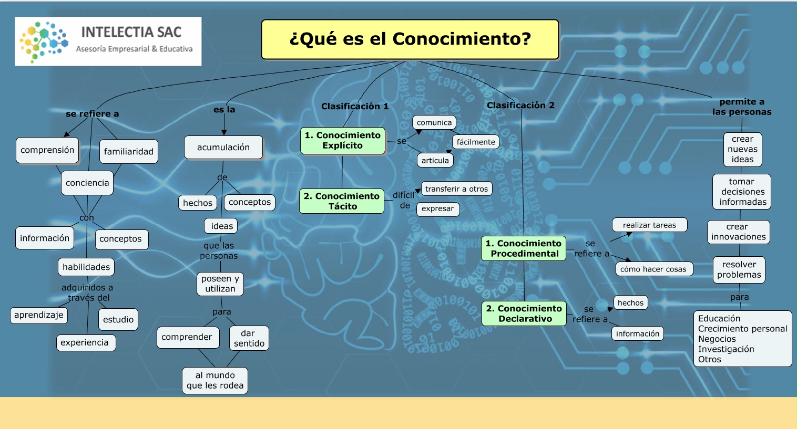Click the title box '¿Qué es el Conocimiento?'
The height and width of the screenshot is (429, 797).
pyautogui.click(x=410, y=39)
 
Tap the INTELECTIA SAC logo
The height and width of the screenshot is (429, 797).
pyautogui.click(x=108, y=41)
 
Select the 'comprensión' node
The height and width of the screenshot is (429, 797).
pyautogui.click(x=47, y=150)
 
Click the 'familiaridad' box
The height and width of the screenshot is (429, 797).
pyautogui.click(x=129, y=152)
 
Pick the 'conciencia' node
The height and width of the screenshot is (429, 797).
pyautogui.click(x=87, y=183)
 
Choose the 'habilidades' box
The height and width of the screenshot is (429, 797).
pyautogui.click(x=86, y=267)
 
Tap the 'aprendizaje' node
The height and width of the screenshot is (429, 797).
pyautogui.click(x=39, y=315)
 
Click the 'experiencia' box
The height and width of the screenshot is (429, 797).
pyautogui.click(x=85, y=343)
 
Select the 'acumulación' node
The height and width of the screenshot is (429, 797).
pyautogui.click(x=223, y=148)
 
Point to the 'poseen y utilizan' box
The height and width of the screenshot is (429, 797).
pyautogui.click(x=220, y=284)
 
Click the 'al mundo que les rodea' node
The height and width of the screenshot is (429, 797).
pyautogui.click(x=215, y=381)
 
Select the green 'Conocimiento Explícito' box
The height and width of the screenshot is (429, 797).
pyautogui.click(x=343, y=141)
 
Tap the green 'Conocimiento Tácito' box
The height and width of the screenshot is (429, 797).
pyautogui.click(x=342, y=201)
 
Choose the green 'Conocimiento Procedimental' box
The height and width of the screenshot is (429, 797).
pyautogui.click(x=524, y=248)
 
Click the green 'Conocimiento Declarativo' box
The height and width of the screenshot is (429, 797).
pyautogui.click(x=524, y=313)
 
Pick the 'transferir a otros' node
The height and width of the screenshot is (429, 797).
pyautogui.click(x=456, y=189)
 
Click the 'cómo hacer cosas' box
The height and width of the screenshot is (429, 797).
pyautogui.click(x=653, y=269)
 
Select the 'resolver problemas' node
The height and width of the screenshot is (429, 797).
pyautogui.click(x=739, y=270)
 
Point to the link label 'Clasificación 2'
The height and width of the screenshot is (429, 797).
pyautogui.click(x=520, y=106)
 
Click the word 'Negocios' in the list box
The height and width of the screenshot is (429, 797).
pyautogui.click(x=717, y=339)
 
